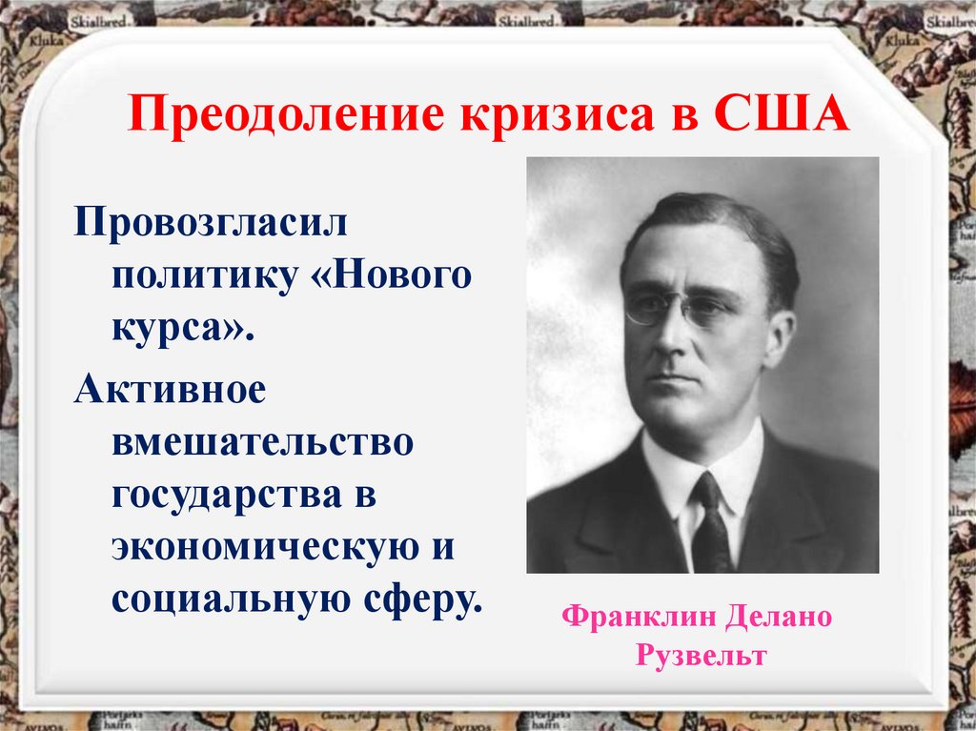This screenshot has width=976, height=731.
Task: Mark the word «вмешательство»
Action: click(263, 444)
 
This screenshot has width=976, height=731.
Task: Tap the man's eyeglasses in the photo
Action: click(679, 307)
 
